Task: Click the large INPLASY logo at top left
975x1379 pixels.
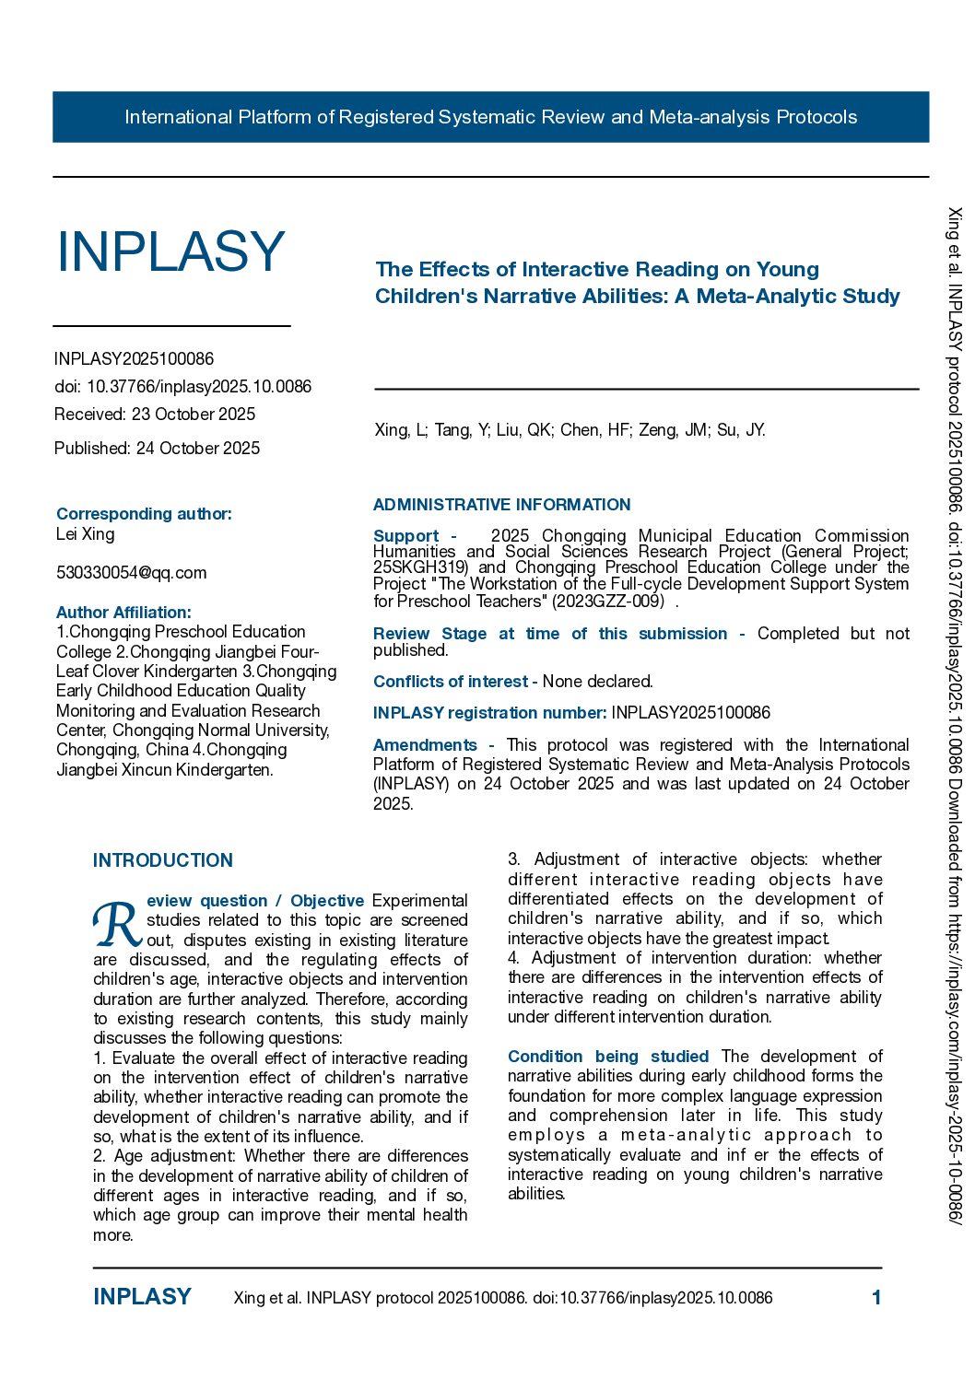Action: [x=171, y=251]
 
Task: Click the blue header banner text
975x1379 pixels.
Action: [x=490, y=117]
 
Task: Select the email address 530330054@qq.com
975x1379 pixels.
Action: [x=132, y=573]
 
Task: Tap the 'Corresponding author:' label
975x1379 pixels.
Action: [x=144, y=514]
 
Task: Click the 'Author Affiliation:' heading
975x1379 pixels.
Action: [x=123, y=613]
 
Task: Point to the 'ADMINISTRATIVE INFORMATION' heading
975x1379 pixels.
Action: [x=501, y=505]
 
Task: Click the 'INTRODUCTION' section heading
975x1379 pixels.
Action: [x=163, y=860]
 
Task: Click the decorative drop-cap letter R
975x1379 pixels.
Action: [x=117, y=924]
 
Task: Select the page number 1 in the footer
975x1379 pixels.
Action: [x=876, y=1298]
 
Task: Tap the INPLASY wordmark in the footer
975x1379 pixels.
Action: [x=142, y=1297]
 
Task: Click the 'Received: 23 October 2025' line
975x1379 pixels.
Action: [x=155, y=415]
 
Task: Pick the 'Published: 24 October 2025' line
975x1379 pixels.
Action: [x=157, y=449]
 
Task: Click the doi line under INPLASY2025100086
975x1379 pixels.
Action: [x=182, y=387]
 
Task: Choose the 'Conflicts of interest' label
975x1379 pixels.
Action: [x=450, y=682]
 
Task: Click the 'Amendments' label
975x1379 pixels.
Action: [x=425, y=745]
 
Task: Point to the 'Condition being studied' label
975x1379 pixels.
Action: [x=608, y=1057]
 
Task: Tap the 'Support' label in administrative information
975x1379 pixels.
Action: [x=405, y=536]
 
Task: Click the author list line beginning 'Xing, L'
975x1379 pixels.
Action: [x=570, y=430]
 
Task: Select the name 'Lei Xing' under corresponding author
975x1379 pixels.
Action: [x=86, y=534]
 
